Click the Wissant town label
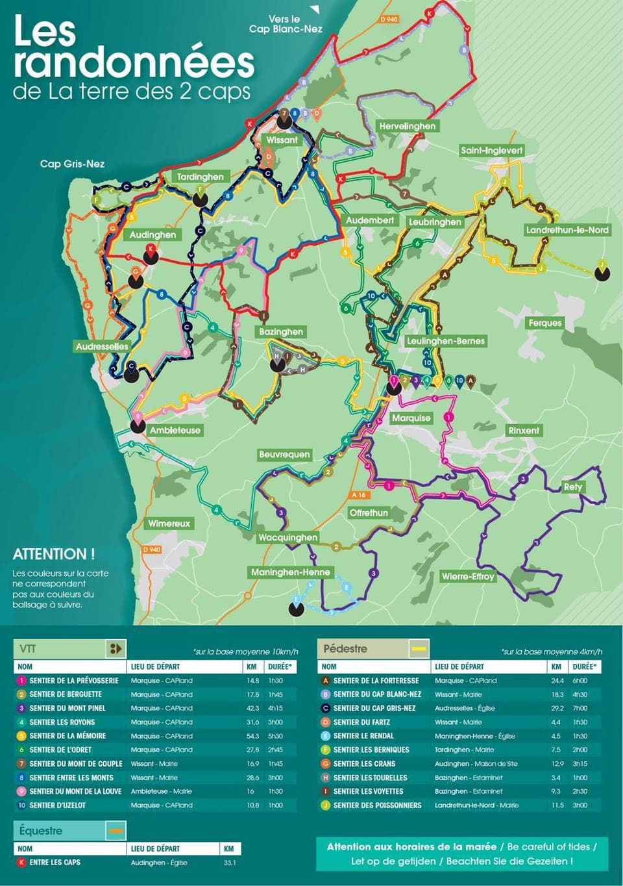(x=282, y=140)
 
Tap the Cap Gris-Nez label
(x=72, y=164)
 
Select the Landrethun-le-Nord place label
(x=567, y=230)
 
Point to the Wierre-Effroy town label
(x=467, y=576)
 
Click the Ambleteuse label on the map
(x=175, y=430)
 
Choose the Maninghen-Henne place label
(x=290, y=572)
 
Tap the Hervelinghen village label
(x=408, y=126)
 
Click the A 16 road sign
(x=359, y=495)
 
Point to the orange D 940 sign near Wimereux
(x=151, y=550)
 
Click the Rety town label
(x=572, y=487)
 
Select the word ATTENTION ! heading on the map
(x=54, y=554)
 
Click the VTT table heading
(x=28, y=648)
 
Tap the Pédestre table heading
(x=345, y=648)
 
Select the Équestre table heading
(x=41, y=831)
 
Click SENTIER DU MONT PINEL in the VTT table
(x=67, y=708)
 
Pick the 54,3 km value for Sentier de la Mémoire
(x=252, y=736)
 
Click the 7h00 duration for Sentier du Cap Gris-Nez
(x=580, y=708)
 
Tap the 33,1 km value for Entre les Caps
(x=230, y=863)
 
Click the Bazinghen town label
(x=280, y=331)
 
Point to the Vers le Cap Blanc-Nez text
(x=286, y=24)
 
